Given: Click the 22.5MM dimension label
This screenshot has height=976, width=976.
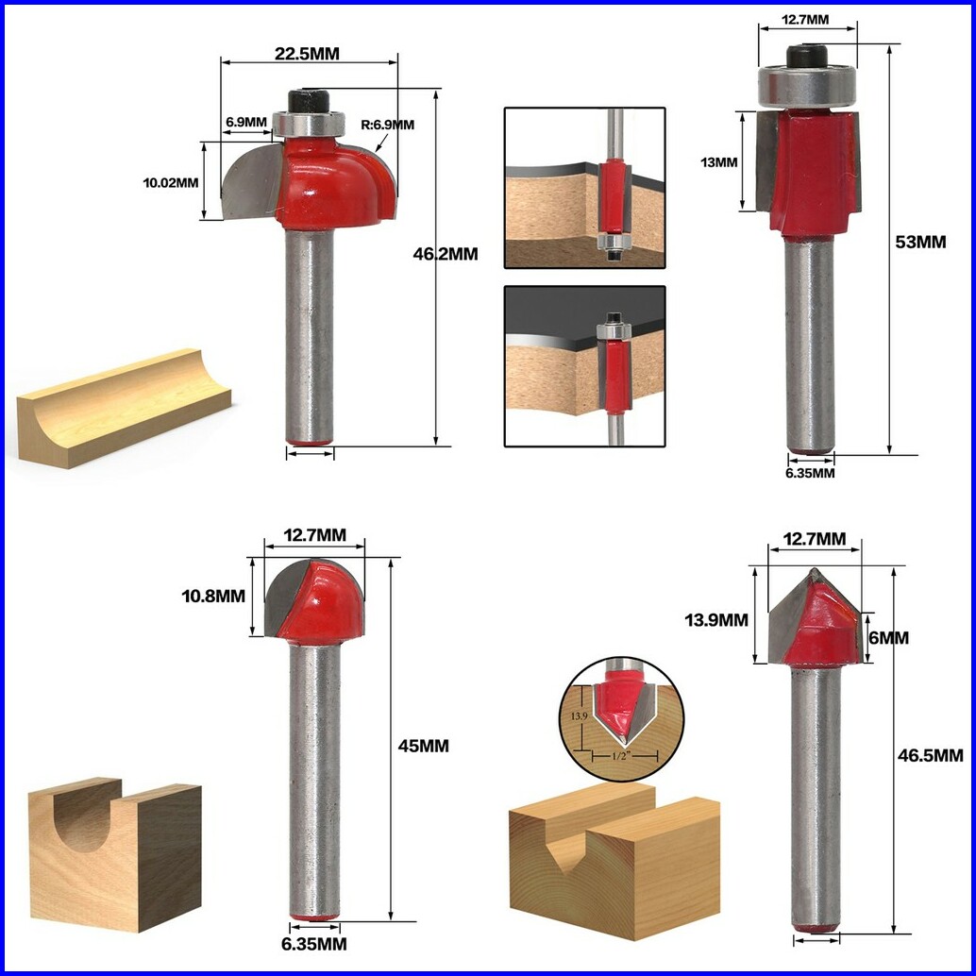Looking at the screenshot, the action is pyautogui.click(x=308, y=54).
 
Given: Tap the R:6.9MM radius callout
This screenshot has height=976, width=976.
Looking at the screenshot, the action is pyautogui.click(x=387, y=125).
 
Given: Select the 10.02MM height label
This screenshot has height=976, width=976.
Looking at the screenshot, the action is pyautogui.click(x=171, y=183).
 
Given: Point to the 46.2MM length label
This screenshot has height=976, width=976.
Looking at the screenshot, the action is pyautogui.click(x=446, y=254).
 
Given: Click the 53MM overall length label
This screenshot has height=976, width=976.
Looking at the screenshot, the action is pyautogui.click(x=920, y=243).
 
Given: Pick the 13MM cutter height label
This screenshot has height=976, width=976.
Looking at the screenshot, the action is pyautogui.click(x=719, y=162).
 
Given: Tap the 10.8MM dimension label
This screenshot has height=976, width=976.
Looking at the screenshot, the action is pyautogui.click(x=213, y=597).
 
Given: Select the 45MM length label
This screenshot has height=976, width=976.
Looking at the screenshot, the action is pyautogui.click(x=423, y=746).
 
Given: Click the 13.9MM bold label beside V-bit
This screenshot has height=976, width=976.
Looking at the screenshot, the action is pyautogui.click(x=716, y=620).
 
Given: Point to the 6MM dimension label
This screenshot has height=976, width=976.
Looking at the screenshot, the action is pyautogui.click(x=889, y=638).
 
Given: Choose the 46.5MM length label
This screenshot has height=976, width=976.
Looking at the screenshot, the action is pyautogui.click(x=930, y=756).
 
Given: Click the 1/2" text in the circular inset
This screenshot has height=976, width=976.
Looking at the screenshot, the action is pyautogui.click(x=622, y=756).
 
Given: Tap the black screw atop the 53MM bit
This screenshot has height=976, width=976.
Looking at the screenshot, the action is pyautogui.click(x=807, y=57).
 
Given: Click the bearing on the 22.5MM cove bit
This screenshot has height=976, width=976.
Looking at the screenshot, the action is pyautogui.click(x=308, y=124).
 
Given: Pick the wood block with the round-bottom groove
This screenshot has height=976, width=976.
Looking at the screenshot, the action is pyautogui.click(x=115, y=853).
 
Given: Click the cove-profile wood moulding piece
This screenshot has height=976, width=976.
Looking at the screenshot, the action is pyautogui.click(x=124, y=409).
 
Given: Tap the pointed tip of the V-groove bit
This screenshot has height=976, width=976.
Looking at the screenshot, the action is pyautogui.click(x=813, y=569).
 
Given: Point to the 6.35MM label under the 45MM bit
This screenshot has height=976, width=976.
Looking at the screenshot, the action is pyautogui.click(x=313, y=944).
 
